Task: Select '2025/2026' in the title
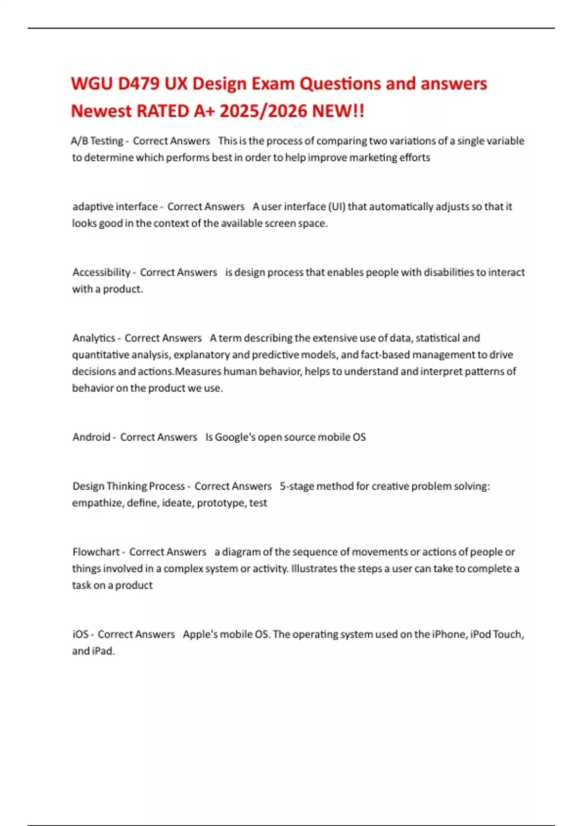pyautogui.click(x=263, y=111)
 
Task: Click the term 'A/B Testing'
pyautogui.click(x=97, y=141)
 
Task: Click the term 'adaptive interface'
pyautogui.click(x=115, y=206)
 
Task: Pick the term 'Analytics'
pyautogui.click(x=94, y=338)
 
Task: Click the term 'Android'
pyautogui.click(x=91, y=437)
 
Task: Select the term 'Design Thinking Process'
pyautogui.click(x=129, y=486)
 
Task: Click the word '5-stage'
pyautogui.click(x=297, y=486)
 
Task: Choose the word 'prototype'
pyautogui.click(x=221, y=503)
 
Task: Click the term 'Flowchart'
pyautogui.click(x=96, y=552)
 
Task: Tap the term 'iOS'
pyautogui.click(x=81, y=634)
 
